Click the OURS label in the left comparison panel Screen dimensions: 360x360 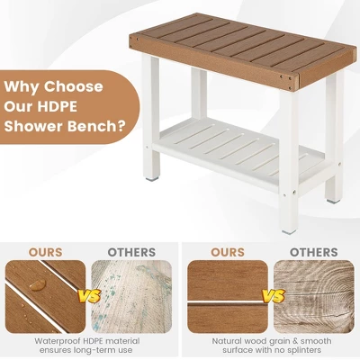[46, 252]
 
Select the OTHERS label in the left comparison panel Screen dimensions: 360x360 [131, 252]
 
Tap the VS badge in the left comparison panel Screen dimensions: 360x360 [88, 295]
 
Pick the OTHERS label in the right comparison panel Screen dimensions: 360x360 [312, 252]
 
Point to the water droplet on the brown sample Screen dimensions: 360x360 [38, 283]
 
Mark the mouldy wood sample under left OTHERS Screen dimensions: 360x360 [131, 295]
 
